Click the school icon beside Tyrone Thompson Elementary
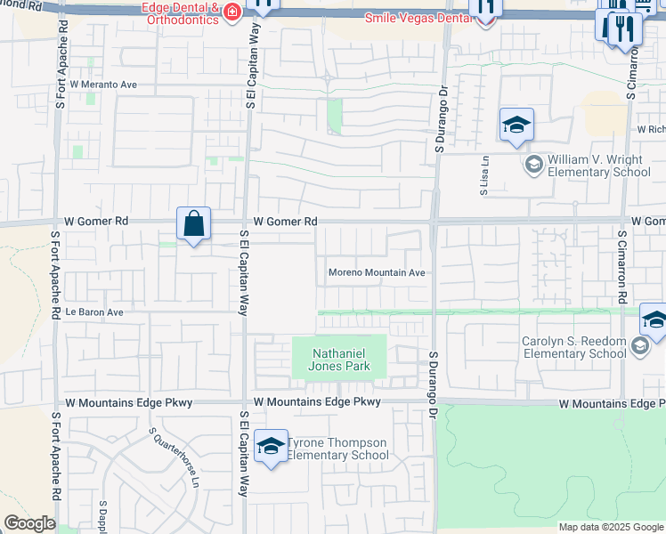point(271,448)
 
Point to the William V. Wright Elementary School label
point(598,166)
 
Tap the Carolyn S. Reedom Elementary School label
point(574,347)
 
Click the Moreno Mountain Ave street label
point(377,272)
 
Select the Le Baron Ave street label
point(93,312)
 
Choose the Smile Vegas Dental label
point(418,17)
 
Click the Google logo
point(29,523)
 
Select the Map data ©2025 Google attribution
point(611,527)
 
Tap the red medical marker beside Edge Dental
point(231,12)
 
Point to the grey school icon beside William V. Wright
point(533,163)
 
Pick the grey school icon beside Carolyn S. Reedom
point(640,346)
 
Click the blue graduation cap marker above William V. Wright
point(516,125)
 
